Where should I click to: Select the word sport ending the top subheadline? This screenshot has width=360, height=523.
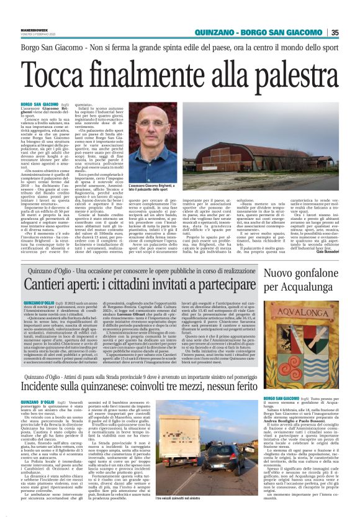point(325,47)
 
